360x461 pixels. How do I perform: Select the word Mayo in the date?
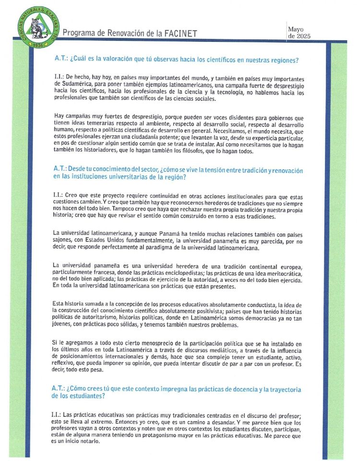pos(296,29)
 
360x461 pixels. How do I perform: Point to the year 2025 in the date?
pos(303,36)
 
